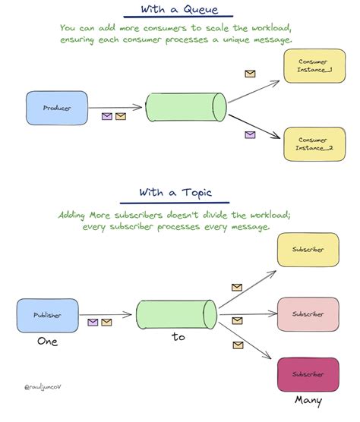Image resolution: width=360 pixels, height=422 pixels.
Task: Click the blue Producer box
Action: pos(57,108)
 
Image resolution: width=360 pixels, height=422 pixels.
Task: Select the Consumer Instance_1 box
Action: pos(314,66)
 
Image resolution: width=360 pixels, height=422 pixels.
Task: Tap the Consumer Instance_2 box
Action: pos(314,144)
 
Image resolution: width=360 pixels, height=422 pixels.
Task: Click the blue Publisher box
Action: pos(48,316)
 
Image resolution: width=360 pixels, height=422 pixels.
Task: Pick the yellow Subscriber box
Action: pos(308,250)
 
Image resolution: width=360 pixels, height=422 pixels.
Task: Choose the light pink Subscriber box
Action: pos(308,314)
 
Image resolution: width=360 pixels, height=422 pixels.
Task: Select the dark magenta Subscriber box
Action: pos(308,374)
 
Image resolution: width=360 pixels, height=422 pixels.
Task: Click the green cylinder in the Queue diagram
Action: pos(186,107)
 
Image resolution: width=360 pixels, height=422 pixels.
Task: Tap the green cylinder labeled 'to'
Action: pos(177,315)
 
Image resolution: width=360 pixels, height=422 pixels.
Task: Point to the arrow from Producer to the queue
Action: pos(115,107)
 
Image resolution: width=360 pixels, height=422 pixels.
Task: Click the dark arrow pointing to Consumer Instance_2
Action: pos(254,127)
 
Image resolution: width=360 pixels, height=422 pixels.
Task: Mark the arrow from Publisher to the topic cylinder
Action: pos(106,315)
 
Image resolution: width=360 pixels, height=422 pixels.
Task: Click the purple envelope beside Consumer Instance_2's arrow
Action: pos(250,134)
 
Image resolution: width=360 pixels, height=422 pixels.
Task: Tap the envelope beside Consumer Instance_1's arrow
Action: pos(250,74)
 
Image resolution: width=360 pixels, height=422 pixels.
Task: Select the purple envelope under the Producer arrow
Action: pos(107,116)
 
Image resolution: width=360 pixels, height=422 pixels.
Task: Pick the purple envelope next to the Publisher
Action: pos(93,322)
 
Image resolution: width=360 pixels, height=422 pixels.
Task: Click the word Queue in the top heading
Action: pos(201,10)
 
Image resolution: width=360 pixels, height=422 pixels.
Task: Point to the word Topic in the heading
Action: pos(197,193)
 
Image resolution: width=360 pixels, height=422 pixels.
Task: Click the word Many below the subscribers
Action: pos(308,401)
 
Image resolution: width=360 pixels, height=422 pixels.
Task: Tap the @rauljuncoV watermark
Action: pos(43,387)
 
